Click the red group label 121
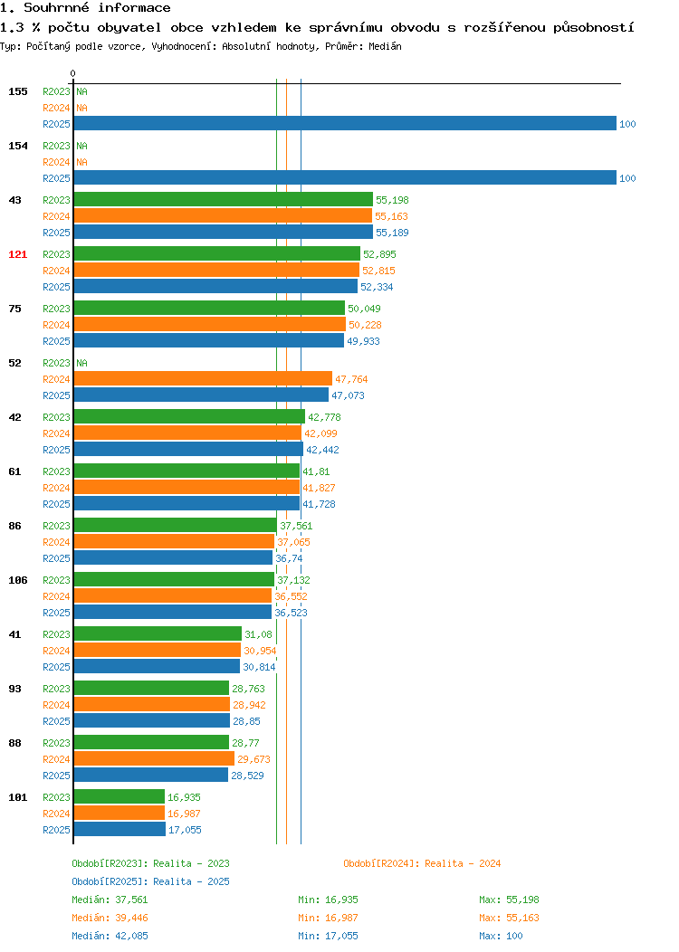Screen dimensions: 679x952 point(17,254)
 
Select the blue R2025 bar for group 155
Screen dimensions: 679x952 point(345,123)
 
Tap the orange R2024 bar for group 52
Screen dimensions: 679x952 point(203,379)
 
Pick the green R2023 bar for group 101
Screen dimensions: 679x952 point(119,796)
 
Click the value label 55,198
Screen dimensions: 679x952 point(392,200)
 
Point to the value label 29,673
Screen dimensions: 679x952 point(253,759)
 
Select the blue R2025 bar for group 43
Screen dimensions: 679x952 point(224,232)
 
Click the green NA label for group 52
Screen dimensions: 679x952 point(82,363)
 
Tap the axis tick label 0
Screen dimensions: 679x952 point(73,73)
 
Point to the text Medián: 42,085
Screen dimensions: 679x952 point(110,936)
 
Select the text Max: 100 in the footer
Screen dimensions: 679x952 point(501,936)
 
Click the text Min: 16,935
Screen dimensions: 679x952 point(328,900)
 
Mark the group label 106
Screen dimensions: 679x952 point(17,580)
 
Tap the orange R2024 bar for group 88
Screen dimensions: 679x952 point(154,758)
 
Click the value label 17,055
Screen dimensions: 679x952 point(186,830)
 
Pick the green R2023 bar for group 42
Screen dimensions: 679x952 point(189,416)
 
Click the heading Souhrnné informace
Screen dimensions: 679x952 point(97,8)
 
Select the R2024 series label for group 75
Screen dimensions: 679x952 point(56,325)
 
